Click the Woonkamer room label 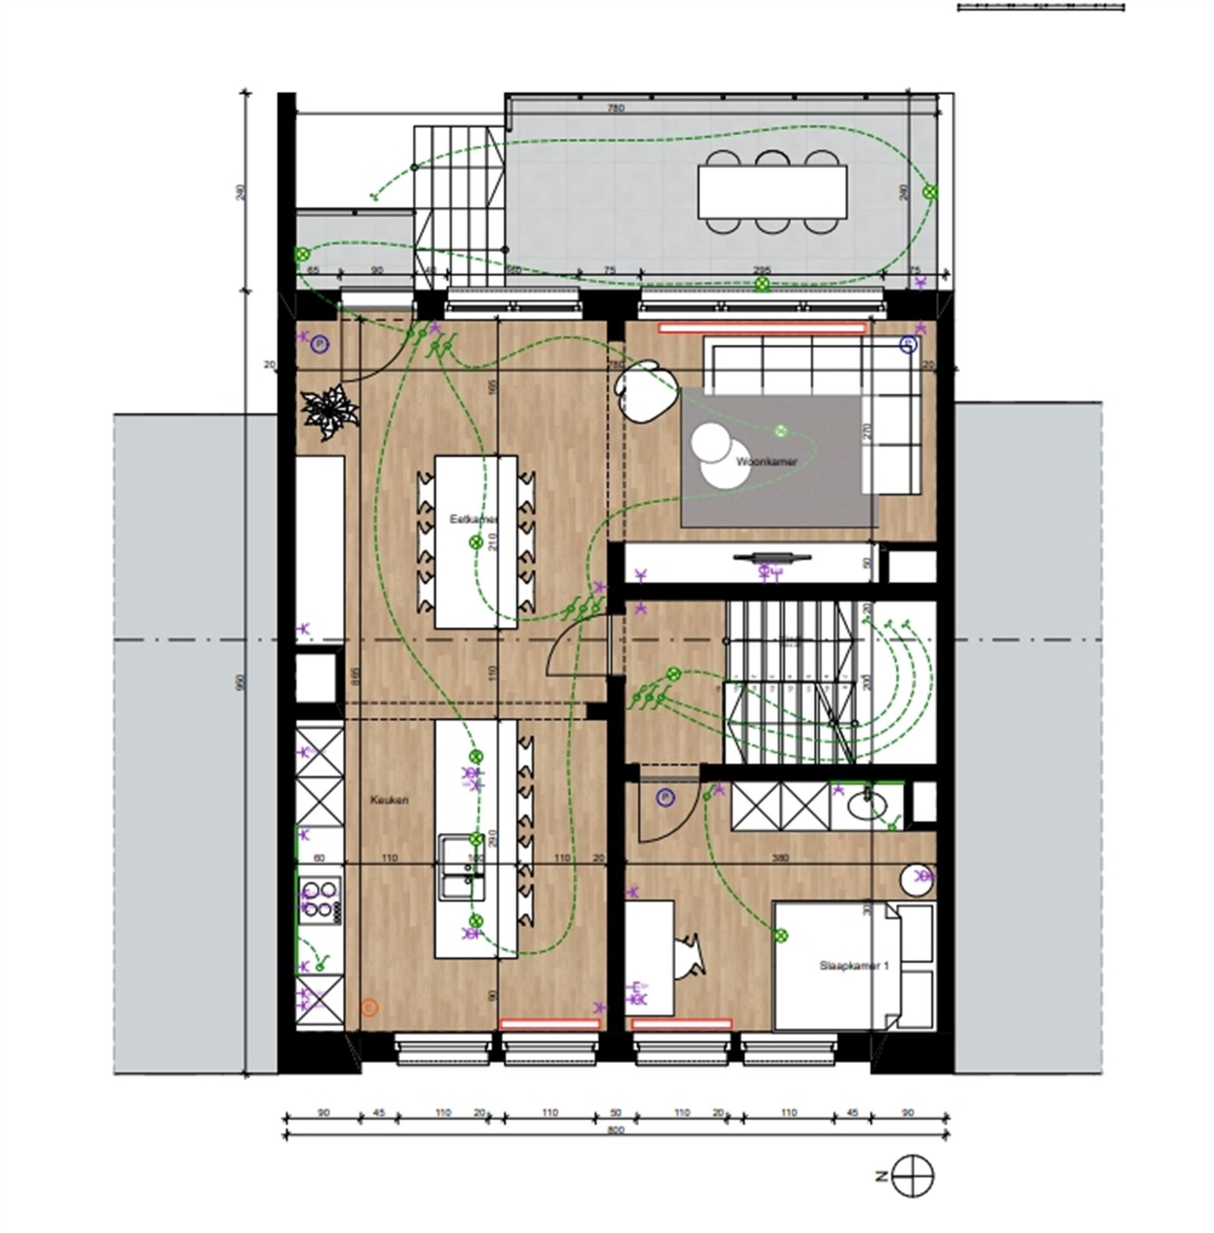[x=766, y=462]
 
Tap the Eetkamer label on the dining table [x=473, y=519]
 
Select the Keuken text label [x=389, y=799]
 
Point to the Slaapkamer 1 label [x=854, y=966]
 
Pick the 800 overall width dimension [x=615, y=1131]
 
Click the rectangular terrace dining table [x=772, y=192]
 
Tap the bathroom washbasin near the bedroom [x=867, y=806]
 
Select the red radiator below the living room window [x=763, y=328]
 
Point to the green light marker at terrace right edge [x=930, y=190]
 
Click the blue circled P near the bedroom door [x=665, y=797]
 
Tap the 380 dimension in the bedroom [x=780, y=857]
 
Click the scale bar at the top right [x=1041, y=8]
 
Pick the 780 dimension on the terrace [x=615, y=108]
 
